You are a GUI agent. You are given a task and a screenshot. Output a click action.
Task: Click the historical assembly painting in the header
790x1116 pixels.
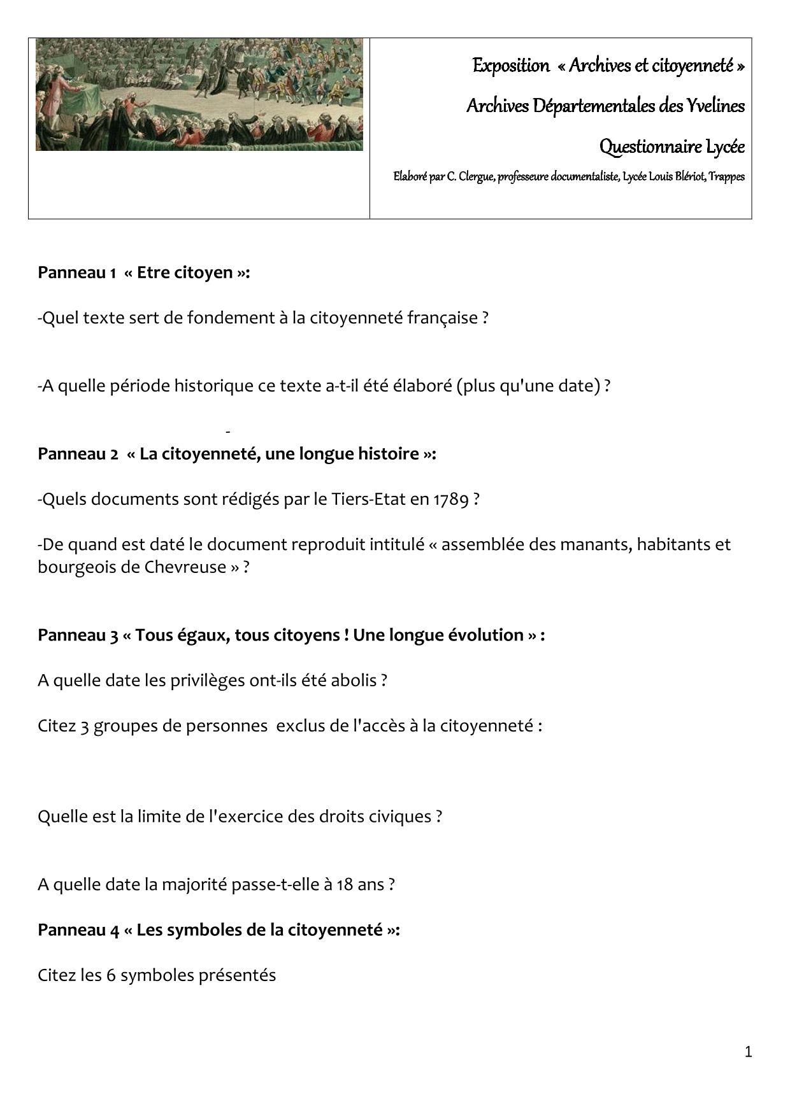pos(199,94)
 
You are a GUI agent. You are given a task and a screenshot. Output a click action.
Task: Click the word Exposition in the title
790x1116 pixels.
pos(510,66)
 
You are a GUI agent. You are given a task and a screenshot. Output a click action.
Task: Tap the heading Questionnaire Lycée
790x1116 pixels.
pos(671,147)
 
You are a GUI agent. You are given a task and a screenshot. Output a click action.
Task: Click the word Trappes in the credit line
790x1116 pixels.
pos(727,177)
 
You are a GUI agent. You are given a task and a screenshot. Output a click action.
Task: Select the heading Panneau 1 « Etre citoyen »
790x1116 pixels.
pos(143,272)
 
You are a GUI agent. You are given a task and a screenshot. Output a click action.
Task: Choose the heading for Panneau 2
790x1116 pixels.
pos(236,454)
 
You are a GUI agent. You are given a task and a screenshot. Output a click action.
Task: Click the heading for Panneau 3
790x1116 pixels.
pos(291,635)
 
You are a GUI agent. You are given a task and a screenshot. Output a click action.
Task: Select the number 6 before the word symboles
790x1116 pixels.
pos(111,975)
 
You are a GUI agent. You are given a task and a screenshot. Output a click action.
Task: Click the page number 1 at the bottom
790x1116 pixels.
pos(748,1052)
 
